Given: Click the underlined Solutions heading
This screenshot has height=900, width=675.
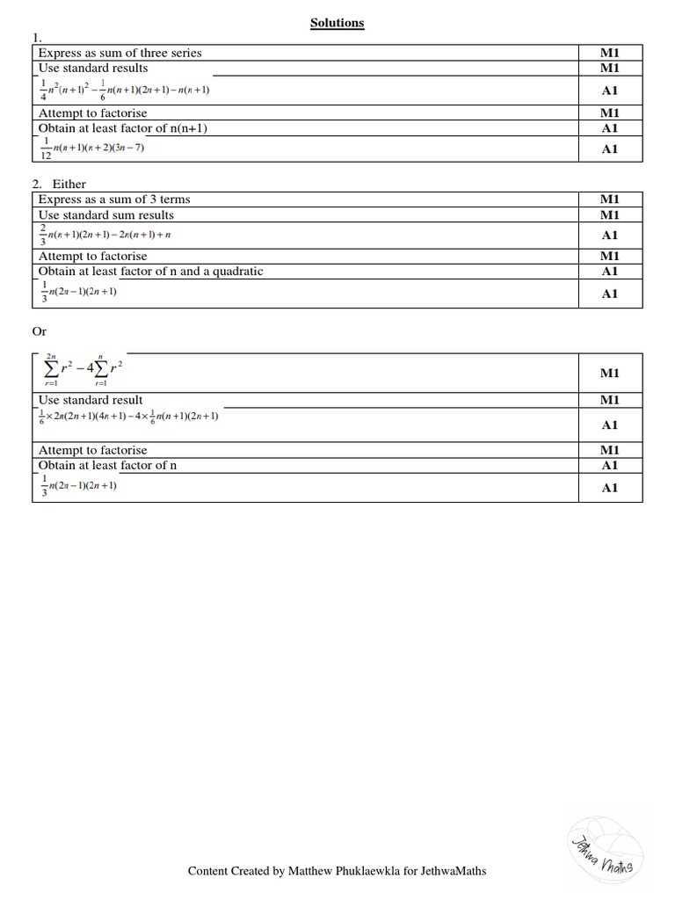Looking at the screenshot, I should tap(337, 23).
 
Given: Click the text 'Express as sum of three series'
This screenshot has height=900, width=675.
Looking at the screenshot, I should tap(120, 53).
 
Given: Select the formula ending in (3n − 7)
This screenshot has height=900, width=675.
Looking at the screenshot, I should tap(91, 149).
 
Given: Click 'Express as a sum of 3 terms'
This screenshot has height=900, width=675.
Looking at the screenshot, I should tap(114, 200).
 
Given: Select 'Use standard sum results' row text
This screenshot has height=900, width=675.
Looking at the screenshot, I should tap(105, 214).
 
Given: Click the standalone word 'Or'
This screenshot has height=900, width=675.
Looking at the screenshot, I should tap(40, 331).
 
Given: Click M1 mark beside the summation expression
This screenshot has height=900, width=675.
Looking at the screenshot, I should tap(610, 373).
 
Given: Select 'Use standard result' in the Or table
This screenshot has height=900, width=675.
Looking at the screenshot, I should tap(91, 400).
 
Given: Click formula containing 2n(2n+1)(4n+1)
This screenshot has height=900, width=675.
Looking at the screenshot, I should tap(128, 416).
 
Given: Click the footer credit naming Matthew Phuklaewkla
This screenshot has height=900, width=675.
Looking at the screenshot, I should tap(337, 871).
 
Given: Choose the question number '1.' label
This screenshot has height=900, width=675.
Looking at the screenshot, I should tap(36, 38).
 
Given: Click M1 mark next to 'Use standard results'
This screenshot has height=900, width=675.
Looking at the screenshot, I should tap(610, 68).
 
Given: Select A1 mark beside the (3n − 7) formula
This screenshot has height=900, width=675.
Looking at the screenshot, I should tap(610, 149).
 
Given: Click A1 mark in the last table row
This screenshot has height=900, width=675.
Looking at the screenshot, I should tap(610, 488).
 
